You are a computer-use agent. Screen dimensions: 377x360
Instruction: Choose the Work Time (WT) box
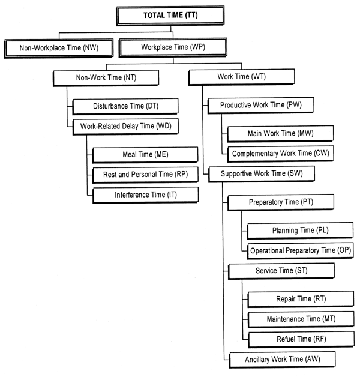pyautogui.click(x=241, y=77)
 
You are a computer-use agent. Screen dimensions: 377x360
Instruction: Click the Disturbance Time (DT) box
pyautogui.click(x=126, y=107)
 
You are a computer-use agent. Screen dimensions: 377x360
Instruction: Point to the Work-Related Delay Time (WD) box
pyautogui.click(x=126, y=127)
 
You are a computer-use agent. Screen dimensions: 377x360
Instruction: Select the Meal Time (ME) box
pyautogui.click(x=145, y=155)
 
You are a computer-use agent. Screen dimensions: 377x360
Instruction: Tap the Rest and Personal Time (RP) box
pyautogui.click(x=145, y=175)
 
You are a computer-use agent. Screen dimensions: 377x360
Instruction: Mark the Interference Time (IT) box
pyautogui.click(x=145, y=195)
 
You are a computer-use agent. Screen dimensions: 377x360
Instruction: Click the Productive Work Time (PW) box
pyautogui.click(x=260, y=106)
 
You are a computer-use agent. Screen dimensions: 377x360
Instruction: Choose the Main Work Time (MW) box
pyautogui.click(x=280, y=133)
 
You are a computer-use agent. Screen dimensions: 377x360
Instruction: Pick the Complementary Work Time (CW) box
pyautogui.click(x=280, y=153)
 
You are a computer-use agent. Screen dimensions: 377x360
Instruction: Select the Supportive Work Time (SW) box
pyautogui.click(x=260, y=174)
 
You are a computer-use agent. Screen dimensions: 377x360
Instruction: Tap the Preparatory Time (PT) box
pyautogui.click(x=280, y=202)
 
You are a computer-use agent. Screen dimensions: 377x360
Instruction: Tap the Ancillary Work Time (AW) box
pyautogui.click(x=280, y=360)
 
